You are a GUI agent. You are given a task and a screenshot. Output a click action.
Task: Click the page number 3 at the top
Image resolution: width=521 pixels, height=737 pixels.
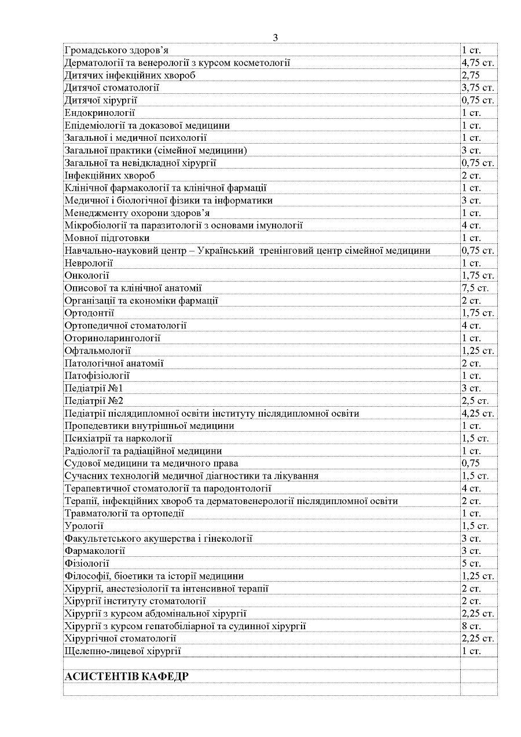pos(276,38)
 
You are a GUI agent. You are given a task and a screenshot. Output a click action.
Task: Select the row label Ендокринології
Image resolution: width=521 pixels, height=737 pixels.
pos(100,113)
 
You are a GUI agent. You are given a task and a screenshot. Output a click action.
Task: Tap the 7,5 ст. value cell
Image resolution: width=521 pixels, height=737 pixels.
pos(475,288)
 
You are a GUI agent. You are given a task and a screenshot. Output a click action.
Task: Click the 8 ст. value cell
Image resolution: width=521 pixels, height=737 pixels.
pos(471,626)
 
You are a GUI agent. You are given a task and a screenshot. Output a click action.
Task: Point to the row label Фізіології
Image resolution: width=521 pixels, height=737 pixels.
pos(87,564)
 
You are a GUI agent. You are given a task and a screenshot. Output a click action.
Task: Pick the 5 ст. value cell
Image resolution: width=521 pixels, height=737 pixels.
pos(471,564)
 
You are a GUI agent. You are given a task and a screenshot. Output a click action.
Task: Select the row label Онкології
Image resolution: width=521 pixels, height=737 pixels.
pos(87,276)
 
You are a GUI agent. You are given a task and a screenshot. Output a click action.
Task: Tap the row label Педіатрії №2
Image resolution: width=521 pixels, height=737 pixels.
pos(94,401)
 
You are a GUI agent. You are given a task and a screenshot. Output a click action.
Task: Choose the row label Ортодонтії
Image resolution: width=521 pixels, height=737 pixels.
pos(90,313)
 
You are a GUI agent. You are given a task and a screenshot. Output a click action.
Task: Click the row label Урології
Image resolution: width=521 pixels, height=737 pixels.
pos(85,526)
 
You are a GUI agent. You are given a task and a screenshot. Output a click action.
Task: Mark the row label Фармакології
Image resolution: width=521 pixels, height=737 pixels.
pos(95,551)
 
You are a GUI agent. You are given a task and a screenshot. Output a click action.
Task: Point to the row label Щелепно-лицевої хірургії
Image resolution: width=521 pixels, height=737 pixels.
pos(123,651)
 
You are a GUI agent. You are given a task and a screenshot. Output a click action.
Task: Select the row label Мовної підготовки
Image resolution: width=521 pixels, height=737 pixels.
pos(107,238)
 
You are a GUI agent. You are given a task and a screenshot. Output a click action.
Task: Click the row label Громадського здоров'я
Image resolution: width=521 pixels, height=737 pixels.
pos(117,50)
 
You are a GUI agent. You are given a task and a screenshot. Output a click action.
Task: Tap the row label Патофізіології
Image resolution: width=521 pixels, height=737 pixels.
pos(97,376)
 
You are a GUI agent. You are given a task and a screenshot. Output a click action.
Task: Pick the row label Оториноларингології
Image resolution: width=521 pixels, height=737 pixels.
pos(113,338)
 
